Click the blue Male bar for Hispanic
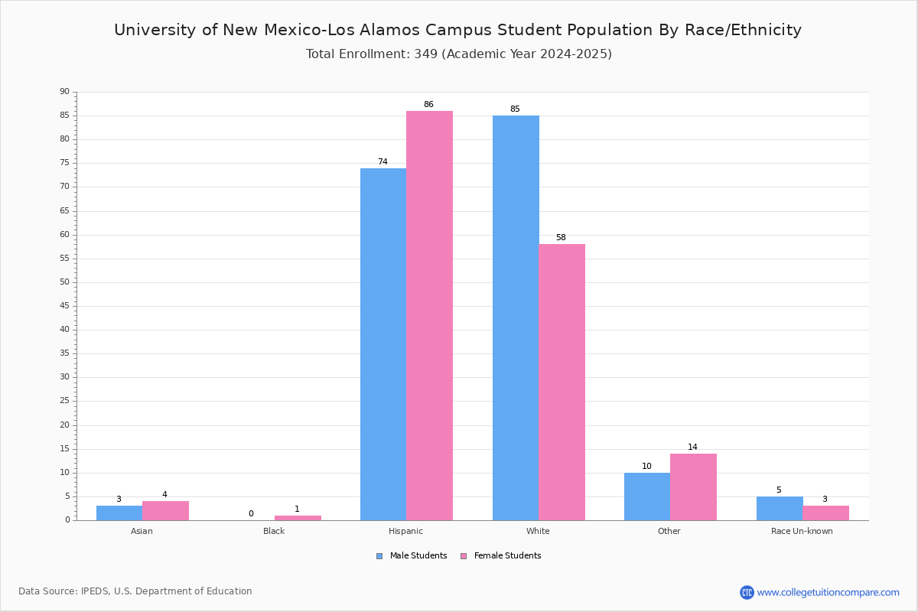click(383, 344)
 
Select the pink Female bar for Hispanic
click(429, 316)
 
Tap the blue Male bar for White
click(516, 318)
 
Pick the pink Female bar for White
click(562, 382)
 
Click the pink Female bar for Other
click(693, 487)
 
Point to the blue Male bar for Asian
click(119, 513)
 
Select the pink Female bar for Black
click(298, 518)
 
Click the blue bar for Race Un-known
click(780, 509)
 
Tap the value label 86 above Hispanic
click(428, 104)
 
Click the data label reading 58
click(561, 237)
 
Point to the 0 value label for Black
click(251, 513)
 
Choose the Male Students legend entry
click(412, 555)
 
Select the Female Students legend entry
click(501, 555)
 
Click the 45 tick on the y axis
click(65, 306)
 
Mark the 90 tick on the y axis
click(65, 91)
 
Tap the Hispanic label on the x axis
click(405, 531)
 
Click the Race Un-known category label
click(802, 531)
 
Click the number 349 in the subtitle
click(426, 54)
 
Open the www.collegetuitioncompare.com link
click(828, 592)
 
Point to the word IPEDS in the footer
click(95, 591)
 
